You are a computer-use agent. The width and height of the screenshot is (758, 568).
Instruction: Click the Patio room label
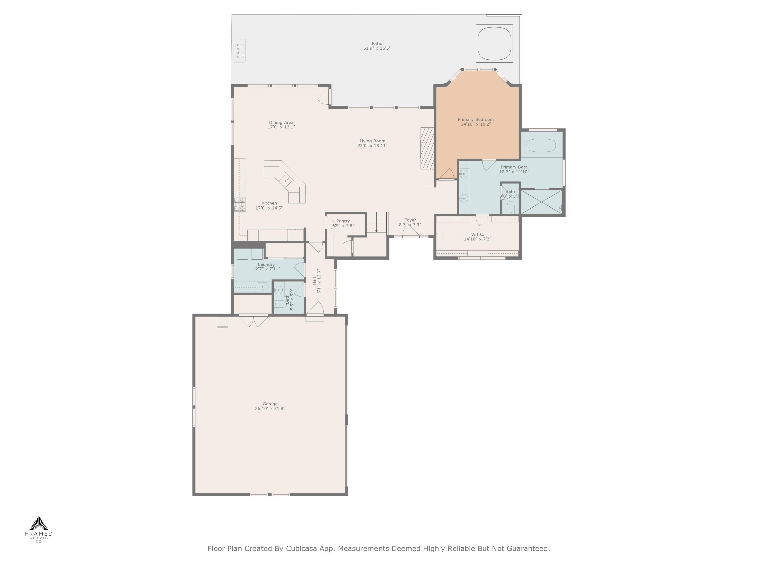click(x=377, y=43)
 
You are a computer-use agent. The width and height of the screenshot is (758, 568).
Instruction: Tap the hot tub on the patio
click(x=494, y=43)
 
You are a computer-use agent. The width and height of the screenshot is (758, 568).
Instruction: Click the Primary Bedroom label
click(x=476, y=119)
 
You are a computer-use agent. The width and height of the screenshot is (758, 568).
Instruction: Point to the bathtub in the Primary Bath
click(x=541, y=145)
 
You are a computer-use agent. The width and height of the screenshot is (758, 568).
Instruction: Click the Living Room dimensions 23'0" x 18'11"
click(x=372, y=145)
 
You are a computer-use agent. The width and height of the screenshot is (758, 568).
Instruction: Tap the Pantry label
click(x=343, y=221)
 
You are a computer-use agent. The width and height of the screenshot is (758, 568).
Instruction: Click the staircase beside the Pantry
click(x=377, y=223)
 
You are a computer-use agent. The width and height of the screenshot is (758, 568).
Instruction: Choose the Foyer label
click(x=410, y=220)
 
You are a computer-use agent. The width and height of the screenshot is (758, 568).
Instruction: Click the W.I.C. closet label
click(x=477, y=234)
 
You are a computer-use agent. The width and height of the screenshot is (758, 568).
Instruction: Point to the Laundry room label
click(x=266, y=264)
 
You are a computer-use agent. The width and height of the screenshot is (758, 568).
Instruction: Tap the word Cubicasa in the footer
click(x=301, y=548)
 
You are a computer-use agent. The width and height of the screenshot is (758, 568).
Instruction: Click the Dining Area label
click(x=281, y=123)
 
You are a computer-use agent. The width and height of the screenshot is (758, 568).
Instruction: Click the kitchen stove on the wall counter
click(x=240, y=204)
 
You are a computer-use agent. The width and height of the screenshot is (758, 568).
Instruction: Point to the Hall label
click(x=314, y=281)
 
